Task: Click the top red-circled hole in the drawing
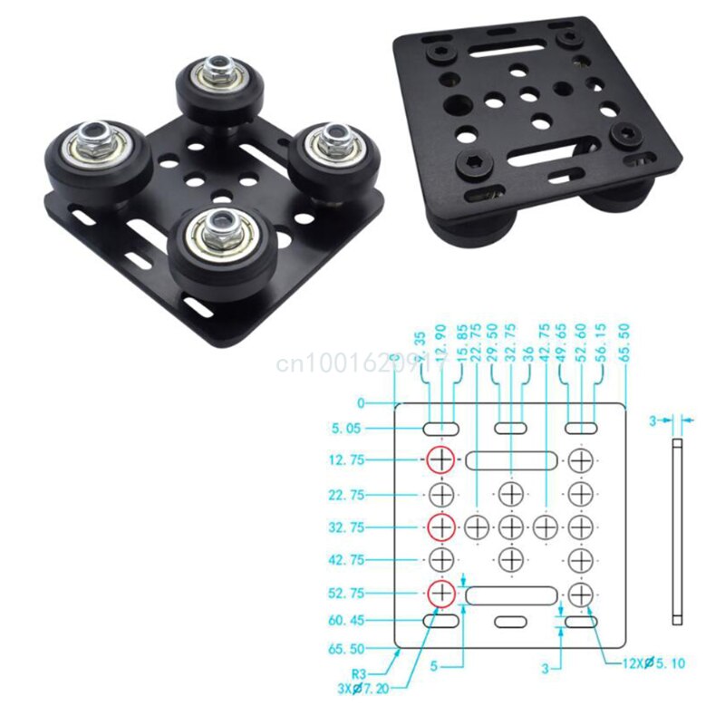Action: [441, 460]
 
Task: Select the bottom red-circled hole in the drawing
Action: [441, 593]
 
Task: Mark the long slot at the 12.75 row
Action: [511, 460]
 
